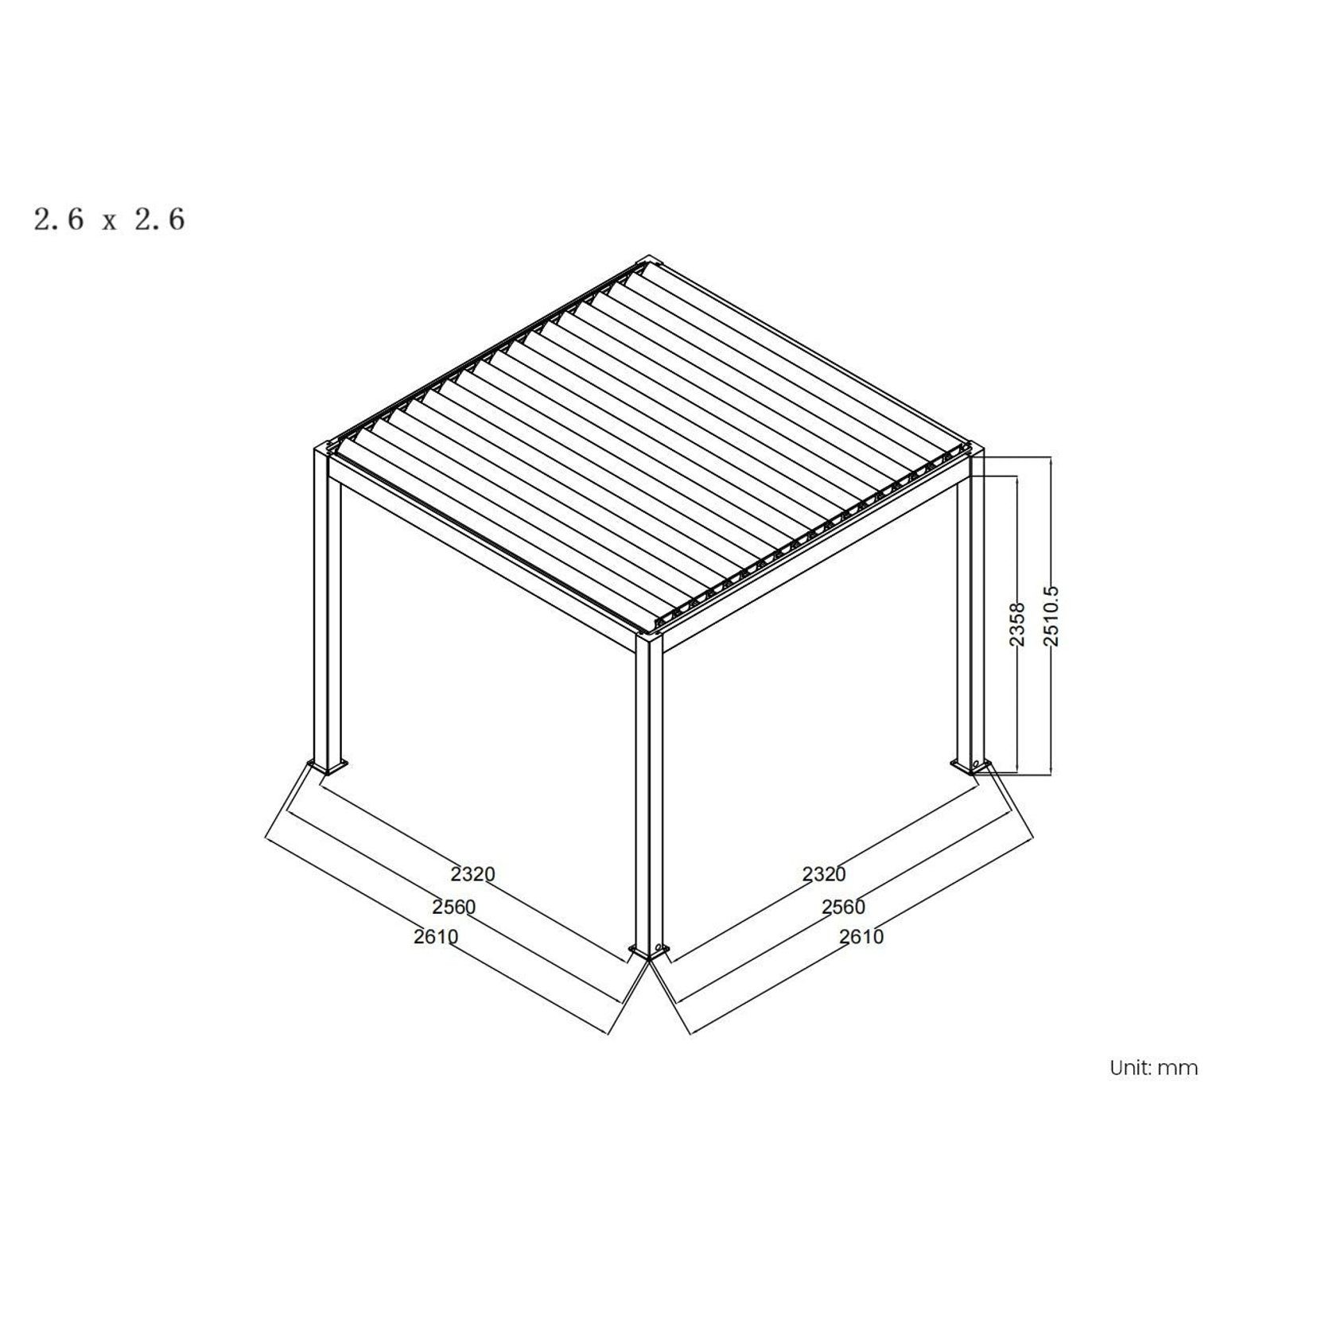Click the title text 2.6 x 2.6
(109, 219)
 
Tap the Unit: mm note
(1153, 1067)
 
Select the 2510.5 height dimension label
(1051, 616)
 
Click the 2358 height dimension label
(1017, 624)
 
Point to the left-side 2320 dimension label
(472, 874)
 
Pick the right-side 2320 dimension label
(823, 874)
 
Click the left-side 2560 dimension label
(453, 906)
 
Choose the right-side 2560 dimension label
(843, 906)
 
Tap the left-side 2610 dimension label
(435, 937)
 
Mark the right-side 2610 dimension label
(861, 937)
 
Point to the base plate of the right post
(972, 766)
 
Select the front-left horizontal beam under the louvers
(485, 557)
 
